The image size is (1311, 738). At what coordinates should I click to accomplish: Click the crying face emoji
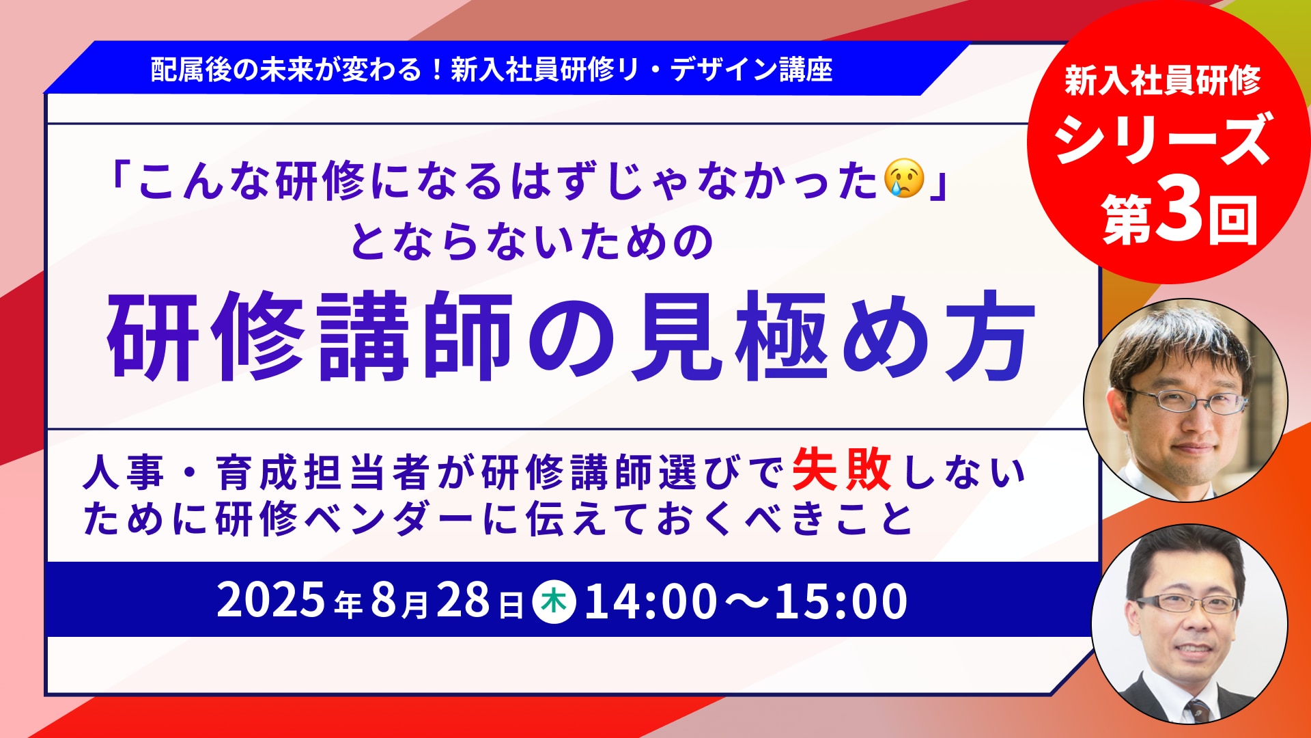(905, 179)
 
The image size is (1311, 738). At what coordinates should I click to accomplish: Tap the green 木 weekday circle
(554, 602)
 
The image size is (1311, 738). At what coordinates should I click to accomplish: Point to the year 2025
(270, 601)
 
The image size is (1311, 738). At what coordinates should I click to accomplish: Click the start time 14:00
(651, 601)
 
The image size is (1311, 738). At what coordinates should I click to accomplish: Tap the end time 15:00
(841, 601)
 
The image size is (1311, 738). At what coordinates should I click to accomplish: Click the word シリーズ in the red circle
(1163, 139)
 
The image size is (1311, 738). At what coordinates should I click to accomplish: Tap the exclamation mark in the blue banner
(437, 70)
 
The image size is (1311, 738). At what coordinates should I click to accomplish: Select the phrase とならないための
(533, 242)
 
